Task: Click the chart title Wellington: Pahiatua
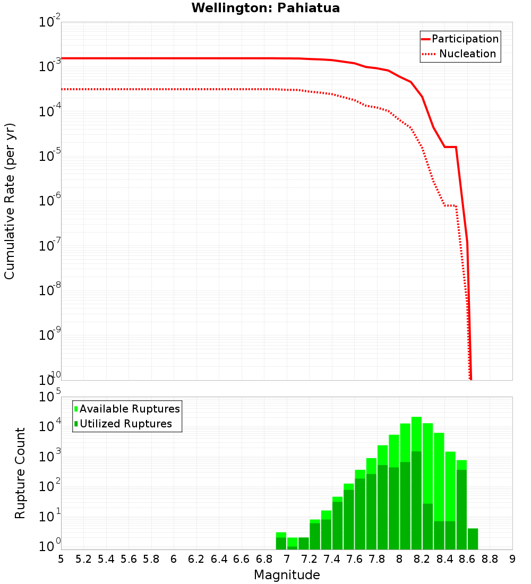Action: [x=265, y=8]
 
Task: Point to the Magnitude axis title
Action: [x=287, y=575]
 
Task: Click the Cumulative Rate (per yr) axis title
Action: [x=10, y=201]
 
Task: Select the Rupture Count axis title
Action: [x=20, y=473]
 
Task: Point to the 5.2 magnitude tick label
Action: [x=83, y=559]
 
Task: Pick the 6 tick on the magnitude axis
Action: [x=174, y=559]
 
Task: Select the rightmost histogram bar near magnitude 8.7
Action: [x=473, y=539]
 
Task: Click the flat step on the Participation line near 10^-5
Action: [x=450, y=147]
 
